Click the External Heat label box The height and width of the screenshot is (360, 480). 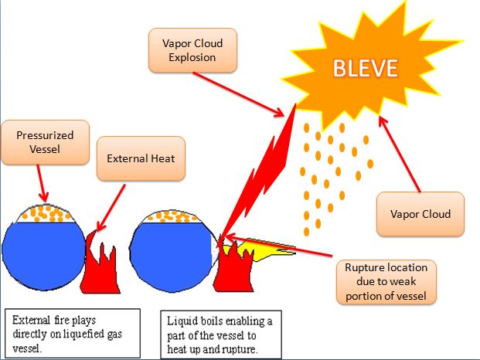tap(141, 158)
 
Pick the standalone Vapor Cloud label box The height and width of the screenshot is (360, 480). tap(420, 214)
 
